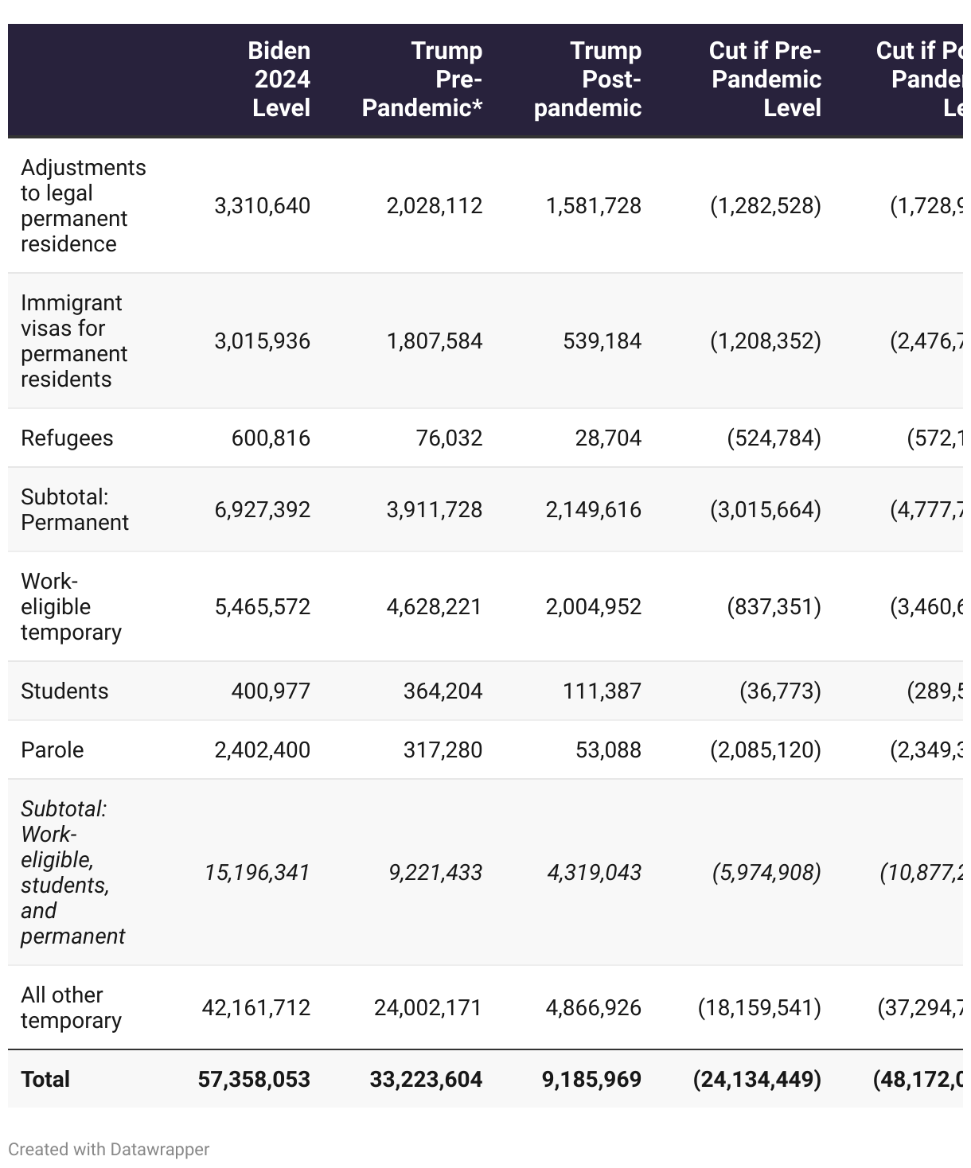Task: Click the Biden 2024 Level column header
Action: click(x=280, y=79)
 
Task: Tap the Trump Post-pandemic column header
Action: click(x=587, y=79)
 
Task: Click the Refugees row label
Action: click(x=67, y=438)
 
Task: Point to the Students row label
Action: click(x=64, y=691)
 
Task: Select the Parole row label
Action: click(x=53, y=749)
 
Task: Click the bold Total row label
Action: click(x=45, y=1079)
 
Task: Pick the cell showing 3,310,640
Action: click(x=262, y=206)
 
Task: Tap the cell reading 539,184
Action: click(x=602, y=341)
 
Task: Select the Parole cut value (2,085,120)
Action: click(x=765, y=749)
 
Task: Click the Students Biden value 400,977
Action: click(x=271, y=691)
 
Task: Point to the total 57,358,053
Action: click(x=254, y=1079)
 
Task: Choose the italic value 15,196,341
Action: click(x=257, y=873)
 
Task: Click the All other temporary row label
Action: click(x=71, y=1008)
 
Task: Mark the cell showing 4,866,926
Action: click(x=593, y=1008)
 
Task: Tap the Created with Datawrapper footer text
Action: click(x=109, y=1150)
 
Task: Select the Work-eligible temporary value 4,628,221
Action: click(x=434, y=607)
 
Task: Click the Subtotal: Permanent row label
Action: click(x=75, y=510)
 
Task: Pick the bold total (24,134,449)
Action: click(x=757, y=1079)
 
